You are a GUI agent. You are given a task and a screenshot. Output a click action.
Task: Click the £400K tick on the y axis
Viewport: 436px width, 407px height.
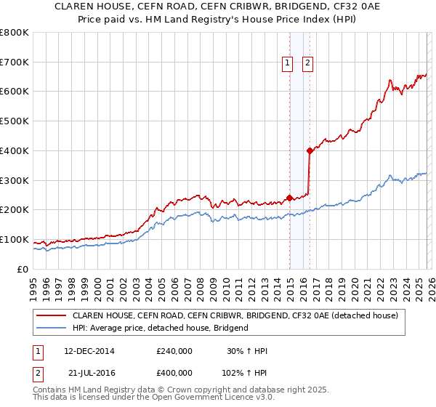tap(15, 150)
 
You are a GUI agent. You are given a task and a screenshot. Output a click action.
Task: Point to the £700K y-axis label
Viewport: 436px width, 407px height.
tap(15, 62)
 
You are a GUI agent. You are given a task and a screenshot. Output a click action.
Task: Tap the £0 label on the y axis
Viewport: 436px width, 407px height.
tap(22, 269)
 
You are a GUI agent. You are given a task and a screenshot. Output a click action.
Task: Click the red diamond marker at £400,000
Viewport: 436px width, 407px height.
tap(310, 151)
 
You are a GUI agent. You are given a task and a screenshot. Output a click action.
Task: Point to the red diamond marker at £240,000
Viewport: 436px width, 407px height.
tap(289, 198)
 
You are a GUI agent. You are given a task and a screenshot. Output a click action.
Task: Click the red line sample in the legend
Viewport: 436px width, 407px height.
tap(52, 316)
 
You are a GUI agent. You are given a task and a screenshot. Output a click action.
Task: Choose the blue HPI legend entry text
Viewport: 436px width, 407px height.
tap(160, 328)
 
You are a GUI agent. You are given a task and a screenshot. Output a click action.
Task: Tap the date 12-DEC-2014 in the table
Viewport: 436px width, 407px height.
tap(89, 351)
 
